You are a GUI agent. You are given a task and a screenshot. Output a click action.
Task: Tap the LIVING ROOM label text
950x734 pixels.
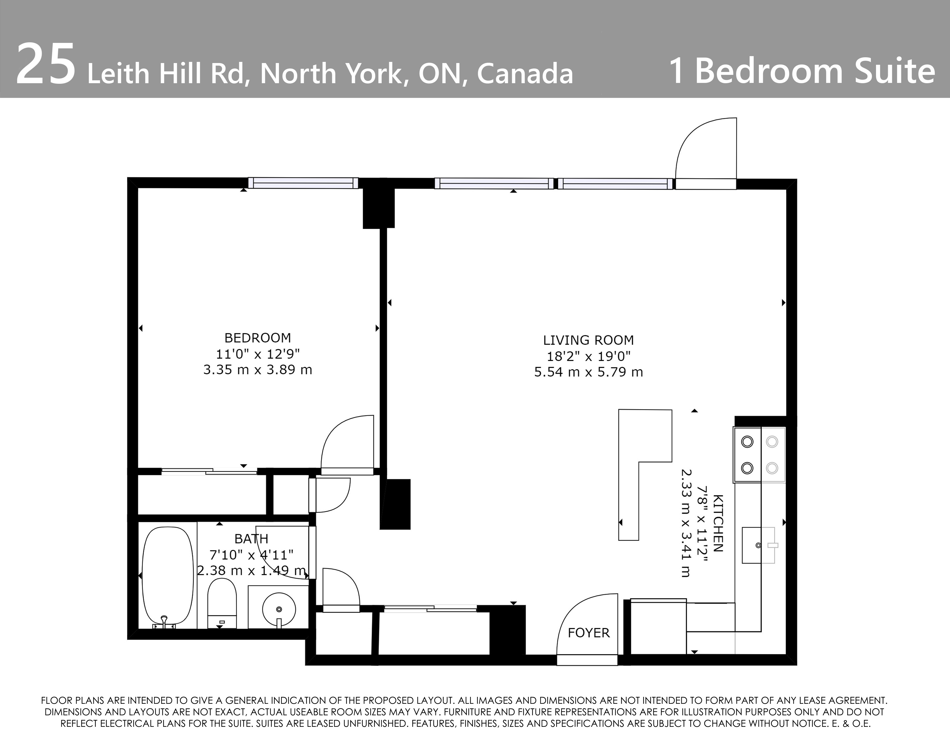[588, 340]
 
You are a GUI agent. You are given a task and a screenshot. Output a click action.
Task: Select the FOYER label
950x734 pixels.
[588, 633]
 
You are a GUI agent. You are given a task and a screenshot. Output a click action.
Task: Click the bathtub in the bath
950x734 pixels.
[168, 576]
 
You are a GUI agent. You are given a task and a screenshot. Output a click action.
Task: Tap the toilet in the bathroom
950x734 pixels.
[222, 604]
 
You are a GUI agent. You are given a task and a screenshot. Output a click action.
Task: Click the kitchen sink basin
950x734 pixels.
[758, 545]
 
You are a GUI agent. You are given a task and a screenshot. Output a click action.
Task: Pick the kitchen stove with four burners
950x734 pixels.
[759, 455]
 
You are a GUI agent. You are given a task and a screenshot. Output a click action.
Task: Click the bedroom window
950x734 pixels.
[303, 183]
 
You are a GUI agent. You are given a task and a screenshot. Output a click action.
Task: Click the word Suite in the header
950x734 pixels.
[894, 71]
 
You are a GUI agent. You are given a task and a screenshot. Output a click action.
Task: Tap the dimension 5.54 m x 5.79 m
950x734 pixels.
[588, 372]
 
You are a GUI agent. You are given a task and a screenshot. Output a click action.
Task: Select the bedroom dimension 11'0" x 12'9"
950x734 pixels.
[258, 354]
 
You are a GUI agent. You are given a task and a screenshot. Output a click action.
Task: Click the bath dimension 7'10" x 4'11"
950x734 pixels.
[251, 555]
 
